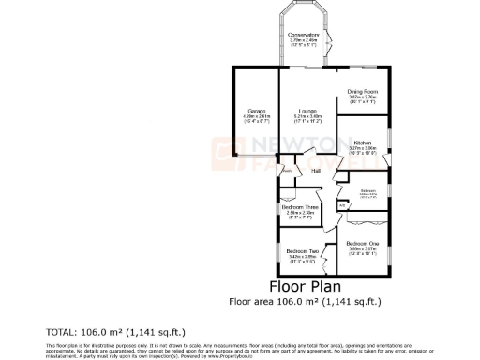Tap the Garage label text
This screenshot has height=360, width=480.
(x=252, y=110)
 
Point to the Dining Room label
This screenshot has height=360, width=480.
(x=362, y=91)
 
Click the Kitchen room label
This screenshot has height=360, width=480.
(x=362, y=142)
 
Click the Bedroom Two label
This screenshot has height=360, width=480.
(x=298, y=251)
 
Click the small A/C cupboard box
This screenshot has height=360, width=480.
(x=342, y=204)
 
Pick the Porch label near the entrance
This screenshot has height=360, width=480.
(x=286, y=171)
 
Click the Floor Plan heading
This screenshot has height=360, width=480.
(x=305, y=286)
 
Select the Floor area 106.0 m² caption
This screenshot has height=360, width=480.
(x=305, y=301)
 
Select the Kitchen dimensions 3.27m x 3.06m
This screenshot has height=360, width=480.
(x=362, y=149)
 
